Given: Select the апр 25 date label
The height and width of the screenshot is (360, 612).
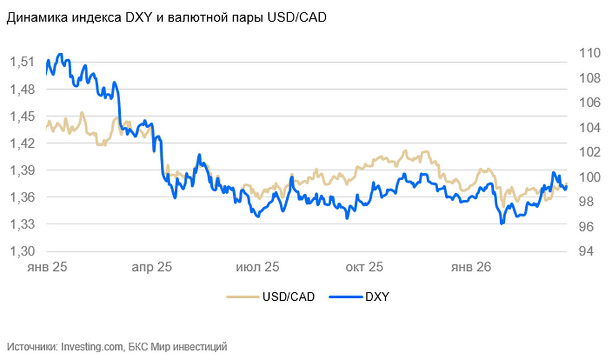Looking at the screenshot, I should click(x=151, y=267).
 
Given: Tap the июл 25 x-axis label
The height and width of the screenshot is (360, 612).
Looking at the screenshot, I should click(x=258, y=267).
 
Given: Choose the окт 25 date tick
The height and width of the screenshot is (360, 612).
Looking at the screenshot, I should click(x=364, y=267).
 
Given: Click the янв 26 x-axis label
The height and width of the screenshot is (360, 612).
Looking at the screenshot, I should click(x=471, y=267).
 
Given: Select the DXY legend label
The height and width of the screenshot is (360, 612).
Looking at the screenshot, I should click(x=377, y=296).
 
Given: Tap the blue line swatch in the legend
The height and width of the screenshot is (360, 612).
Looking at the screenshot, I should click(x=345, y=296).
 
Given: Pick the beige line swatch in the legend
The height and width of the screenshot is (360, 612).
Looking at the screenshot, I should click(x=241, y=296).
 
